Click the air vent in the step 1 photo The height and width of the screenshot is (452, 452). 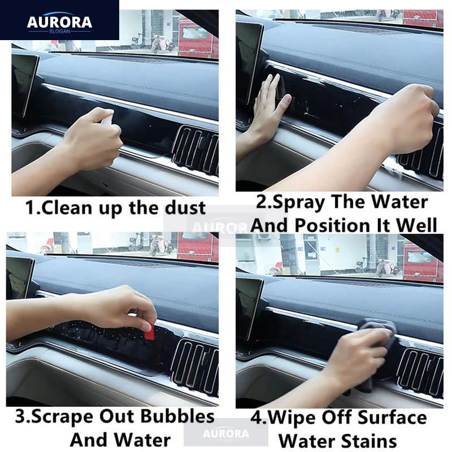pos(195,150)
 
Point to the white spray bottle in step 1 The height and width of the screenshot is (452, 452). pos(107,120)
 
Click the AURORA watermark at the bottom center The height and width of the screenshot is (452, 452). pos(226,433)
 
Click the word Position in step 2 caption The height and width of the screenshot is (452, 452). pos(338,225)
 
